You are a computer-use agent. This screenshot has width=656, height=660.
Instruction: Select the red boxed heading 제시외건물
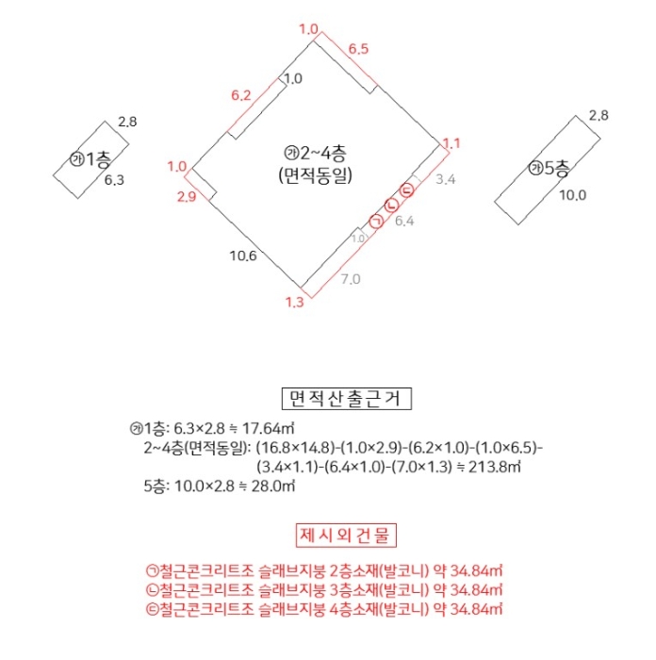click(346, 536)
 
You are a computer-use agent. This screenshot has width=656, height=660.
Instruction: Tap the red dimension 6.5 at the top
click(358, 47)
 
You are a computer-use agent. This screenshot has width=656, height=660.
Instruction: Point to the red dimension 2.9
click(187, 197)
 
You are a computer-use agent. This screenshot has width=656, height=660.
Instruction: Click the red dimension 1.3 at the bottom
click(293, 302)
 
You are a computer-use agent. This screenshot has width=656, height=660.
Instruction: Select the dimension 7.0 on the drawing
click(350, 279)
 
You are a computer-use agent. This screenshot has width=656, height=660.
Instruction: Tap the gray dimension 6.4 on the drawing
click(404, 222)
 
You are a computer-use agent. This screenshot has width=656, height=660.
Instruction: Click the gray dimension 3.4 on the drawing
click(446, 178)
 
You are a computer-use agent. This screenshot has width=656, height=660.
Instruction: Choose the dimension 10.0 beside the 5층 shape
click(572, 196)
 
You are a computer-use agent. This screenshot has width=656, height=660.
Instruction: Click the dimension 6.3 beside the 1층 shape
click(114, 179)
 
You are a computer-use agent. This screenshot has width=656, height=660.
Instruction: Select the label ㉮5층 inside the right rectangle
click(549, 169)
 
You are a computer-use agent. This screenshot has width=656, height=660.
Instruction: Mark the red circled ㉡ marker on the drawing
click(391, 206)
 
